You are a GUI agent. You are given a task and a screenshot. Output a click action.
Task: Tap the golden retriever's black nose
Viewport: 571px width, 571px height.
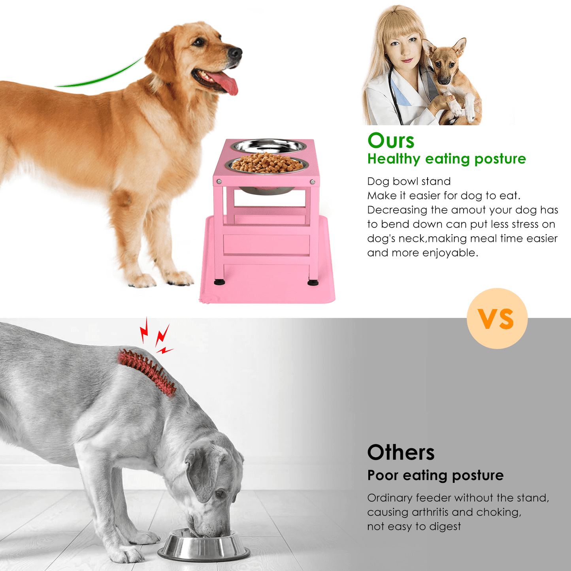pos(235,53)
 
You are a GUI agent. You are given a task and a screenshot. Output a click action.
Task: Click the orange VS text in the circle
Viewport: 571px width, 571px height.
pos(497,318)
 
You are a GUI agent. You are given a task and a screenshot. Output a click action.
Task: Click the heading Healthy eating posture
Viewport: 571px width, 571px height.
pos(447,159)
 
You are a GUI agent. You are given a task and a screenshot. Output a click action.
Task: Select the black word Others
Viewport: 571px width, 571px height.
pos(401,452)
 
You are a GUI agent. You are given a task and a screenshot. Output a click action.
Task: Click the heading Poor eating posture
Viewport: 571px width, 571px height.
pos(435,475)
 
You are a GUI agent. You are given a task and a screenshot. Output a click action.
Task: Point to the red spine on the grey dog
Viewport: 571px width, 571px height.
pos(147,372)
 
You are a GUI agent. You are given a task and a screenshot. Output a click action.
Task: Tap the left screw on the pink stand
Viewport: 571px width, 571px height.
pos(219,181)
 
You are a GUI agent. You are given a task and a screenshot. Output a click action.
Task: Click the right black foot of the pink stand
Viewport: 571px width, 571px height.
pos(313,283)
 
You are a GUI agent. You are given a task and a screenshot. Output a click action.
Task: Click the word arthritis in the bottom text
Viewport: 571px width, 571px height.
pos(430,512)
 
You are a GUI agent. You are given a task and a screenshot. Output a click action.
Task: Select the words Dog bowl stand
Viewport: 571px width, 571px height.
pos(409,181)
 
